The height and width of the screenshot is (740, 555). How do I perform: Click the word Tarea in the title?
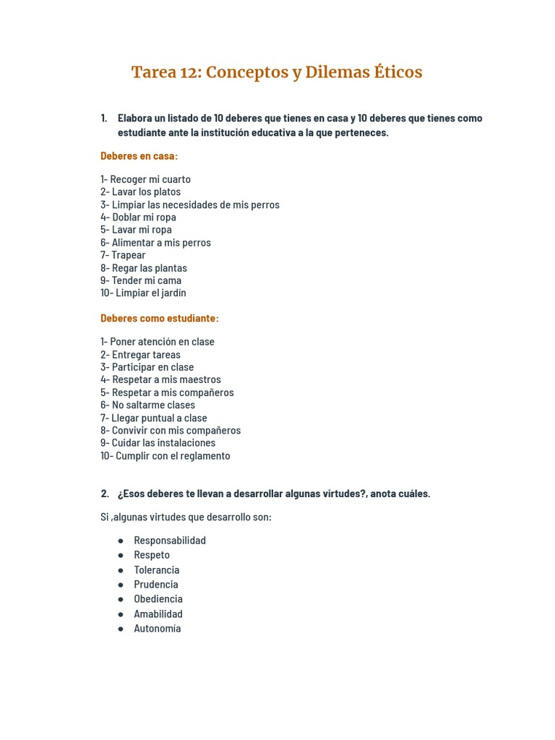coord(155,72)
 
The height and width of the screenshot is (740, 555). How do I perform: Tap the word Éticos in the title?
coord(398,72)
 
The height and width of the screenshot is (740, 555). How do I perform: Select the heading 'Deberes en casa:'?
coord(139,156)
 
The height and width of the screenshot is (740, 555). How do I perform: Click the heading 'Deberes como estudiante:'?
coord(159,318)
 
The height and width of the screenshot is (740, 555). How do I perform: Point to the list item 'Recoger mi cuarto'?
coord(150,179)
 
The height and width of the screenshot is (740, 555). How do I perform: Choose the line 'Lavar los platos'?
coord(146,192)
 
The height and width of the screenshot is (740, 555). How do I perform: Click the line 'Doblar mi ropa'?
coord(144,217)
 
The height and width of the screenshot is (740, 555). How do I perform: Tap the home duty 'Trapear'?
coord(128,255)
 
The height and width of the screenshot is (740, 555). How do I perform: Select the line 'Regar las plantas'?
coord(149,268)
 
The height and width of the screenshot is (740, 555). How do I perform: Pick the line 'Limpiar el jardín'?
coord(150,293)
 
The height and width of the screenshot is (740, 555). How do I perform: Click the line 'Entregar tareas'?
coord(146,355)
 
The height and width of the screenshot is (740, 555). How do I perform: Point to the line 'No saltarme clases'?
coord(153,405)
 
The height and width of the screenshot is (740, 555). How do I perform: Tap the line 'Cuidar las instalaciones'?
coord(163,443)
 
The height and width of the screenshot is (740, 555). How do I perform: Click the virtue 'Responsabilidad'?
coord(170,541)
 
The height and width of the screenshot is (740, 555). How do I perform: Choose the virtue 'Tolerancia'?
coord(156,570)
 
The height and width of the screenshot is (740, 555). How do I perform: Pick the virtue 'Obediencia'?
coord(158,599)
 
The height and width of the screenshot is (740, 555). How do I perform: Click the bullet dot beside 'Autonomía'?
coord(121,629)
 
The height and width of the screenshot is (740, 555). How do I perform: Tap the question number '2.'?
coord(105,494)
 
